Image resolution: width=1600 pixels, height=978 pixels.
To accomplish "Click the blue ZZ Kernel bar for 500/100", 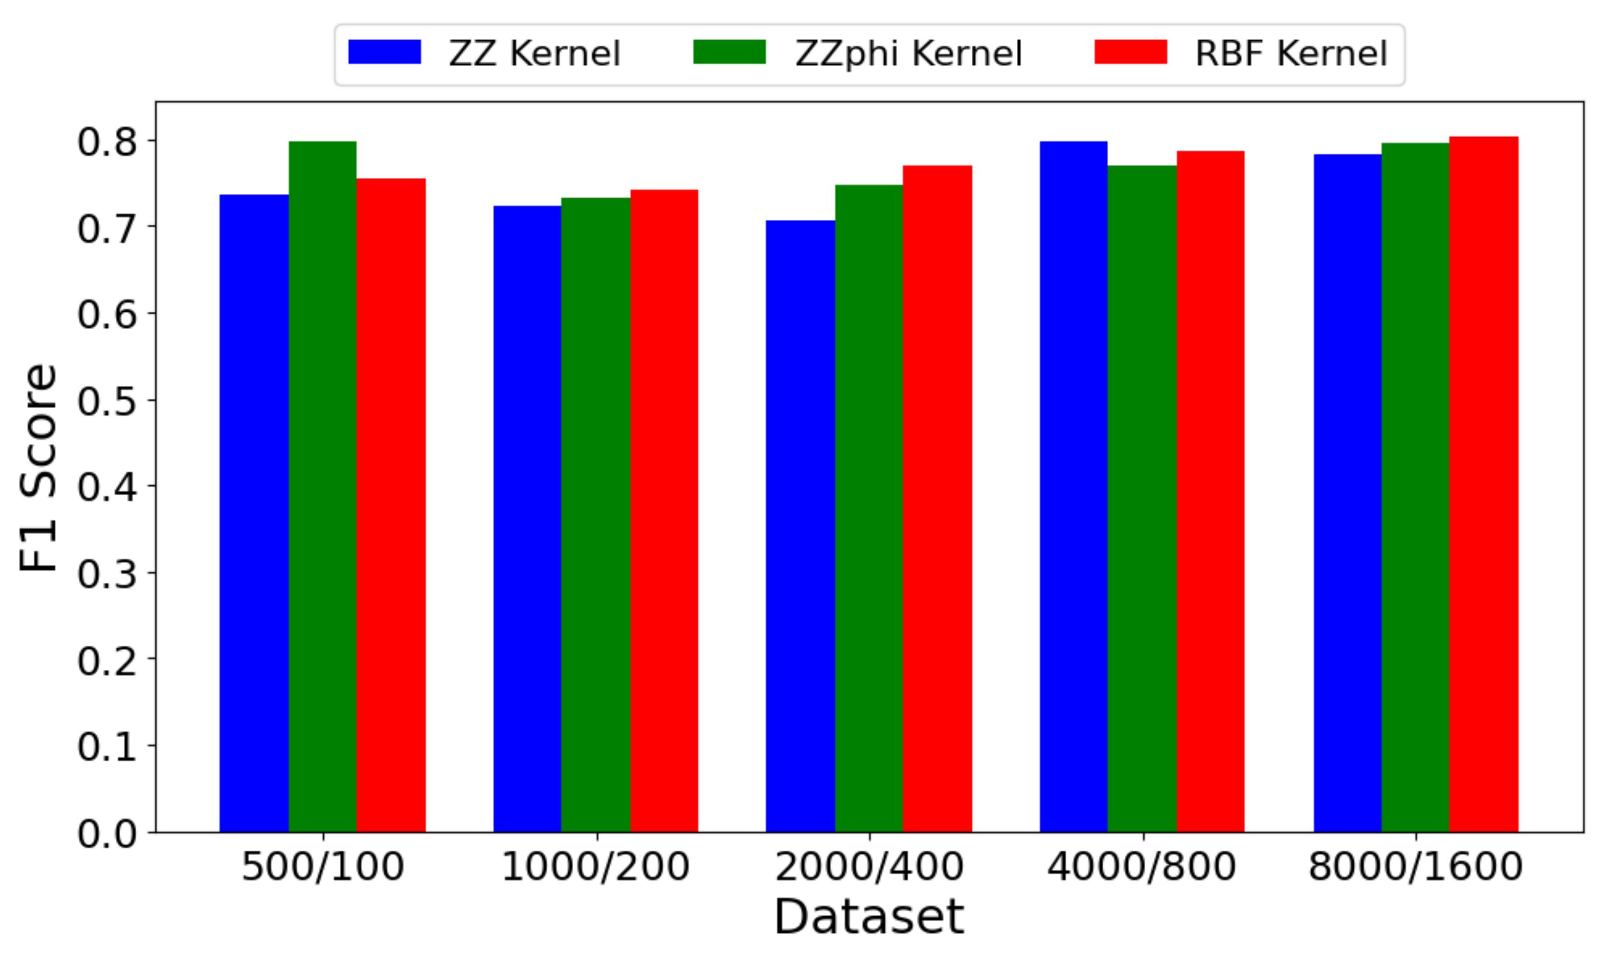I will pyautogui.click(x=254, y=513).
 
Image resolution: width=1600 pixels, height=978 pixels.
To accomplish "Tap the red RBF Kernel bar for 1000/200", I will pyautogui.click(x=664, y=511).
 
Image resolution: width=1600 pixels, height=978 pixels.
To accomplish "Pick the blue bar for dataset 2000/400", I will pyautogui.click(x=801, y=526).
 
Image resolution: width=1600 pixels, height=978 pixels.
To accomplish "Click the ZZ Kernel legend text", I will pyautogui.click(x=535, y=54).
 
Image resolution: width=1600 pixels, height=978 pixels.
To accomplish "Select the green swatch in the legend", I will pyautogui.click(x=729, y=52).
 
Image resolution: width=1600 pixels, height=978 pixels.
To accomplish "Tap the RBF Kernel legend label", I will pyautogui.click(x=1291, y=54).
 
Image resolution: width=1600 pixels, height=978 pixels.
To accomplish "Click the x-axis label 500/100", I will pyautogui.click(x=323, y=867).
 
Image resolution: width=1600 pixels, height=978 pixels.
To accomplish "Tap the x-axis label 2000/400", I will pyautogui.click(x=870, y=867).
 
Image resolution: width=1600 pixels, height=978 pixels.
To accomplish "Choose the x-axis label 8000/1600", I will pyautogui.click(x=1416, y=867).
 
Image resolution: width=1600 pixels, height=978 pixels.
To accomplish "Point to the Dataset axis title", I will pyautogui.click(x=870, y=917).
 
